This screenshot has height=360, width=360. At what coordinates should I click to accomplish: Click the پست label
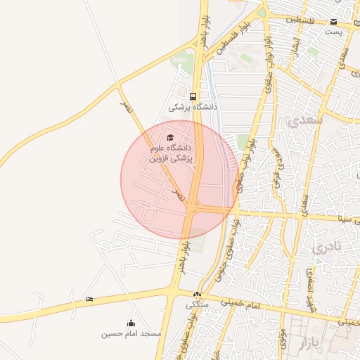[333, 32]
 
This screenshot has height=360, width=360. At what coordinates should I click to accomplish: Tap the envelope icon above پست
[333, 21]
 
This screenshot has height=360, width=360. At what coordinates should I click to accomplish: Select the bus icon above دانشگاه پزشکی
[192, 96]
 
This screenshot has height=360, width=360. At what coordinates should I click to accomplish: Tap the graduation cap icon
[169, 137]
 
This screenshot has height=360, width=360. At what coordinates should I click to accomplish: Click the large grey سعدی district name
[304, 121]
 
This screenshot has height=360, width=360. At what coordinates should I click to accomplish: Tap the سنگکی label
[198, 305]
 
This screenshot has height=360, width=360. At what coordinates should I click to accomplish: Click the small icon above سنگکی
[198, 295]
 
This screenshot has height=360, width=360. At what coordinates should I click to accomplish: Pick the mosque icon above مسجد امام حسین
[131, 323]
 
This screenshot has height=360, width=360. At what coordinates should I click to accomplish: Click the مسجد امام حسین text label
[131, 333]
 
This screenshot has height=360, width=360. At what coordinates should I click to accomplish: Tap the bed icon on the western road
[89, 300]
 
